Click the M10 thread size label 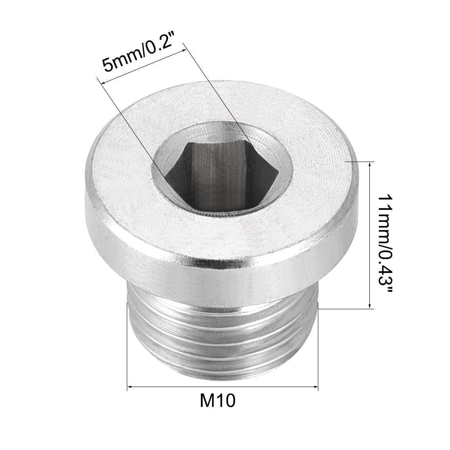(x=218, y=401)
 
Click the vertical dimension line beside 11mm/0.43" (x=370, y=235)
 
